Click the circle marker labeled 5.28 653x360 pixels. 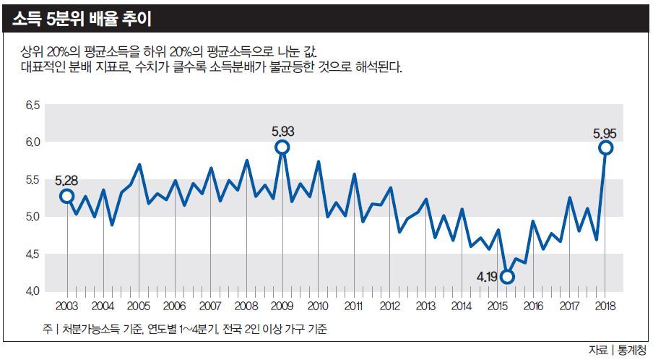(x=67, y=196)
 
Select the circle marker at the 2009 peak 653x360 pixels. (x=282, y=147)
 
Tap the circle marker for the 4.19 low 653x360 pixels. (x=507, y=277)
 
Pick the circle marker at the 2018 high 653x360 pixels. (x=605, y=147)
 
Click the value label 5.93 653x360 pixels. (x=283, y=132)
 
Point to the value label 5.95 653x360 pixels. (x=605, y=133)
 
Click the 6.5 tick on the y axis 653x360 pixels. (x=33, y=106)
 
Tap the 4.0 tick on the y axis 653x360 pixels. (x=33, y=291)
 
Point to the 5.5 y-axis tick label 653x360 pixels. (x=33, y=180)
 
